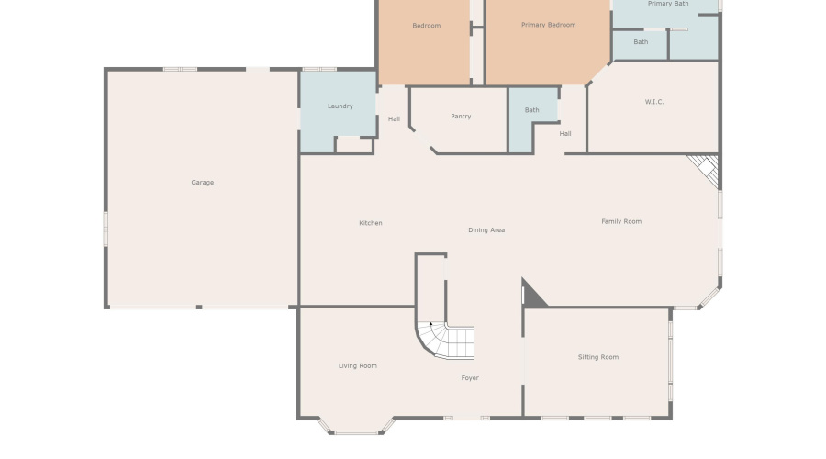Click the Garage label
[x=202, y=183]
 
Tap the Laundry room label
[x=340, y=106]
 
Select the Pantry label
[x=461, y=117]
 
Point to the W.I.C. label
[x=653, y=102]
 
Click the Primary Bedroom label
[x=548, y=25]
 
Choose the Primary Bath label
[x=667, y=4]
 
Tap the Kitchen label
[x=370, y=223]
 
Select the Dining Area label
[x=486, y=230]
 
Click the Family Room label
[x=621, y=221]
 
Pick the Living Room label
[x=357, y=366]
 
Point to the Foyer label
[x=469, y=378]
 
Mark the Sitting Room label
[x=597, y=357]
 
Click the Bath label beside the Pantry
[x=531, y=110]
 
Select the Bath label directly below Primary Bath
[x=641, y=42]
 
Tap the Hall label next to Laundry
[x=394, y=118]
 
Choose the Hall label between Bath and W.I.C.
[x=565, y=134]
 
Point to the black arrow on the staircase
[x=431, y=324]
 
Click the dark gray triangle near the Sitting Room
[x=531, y=296]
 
